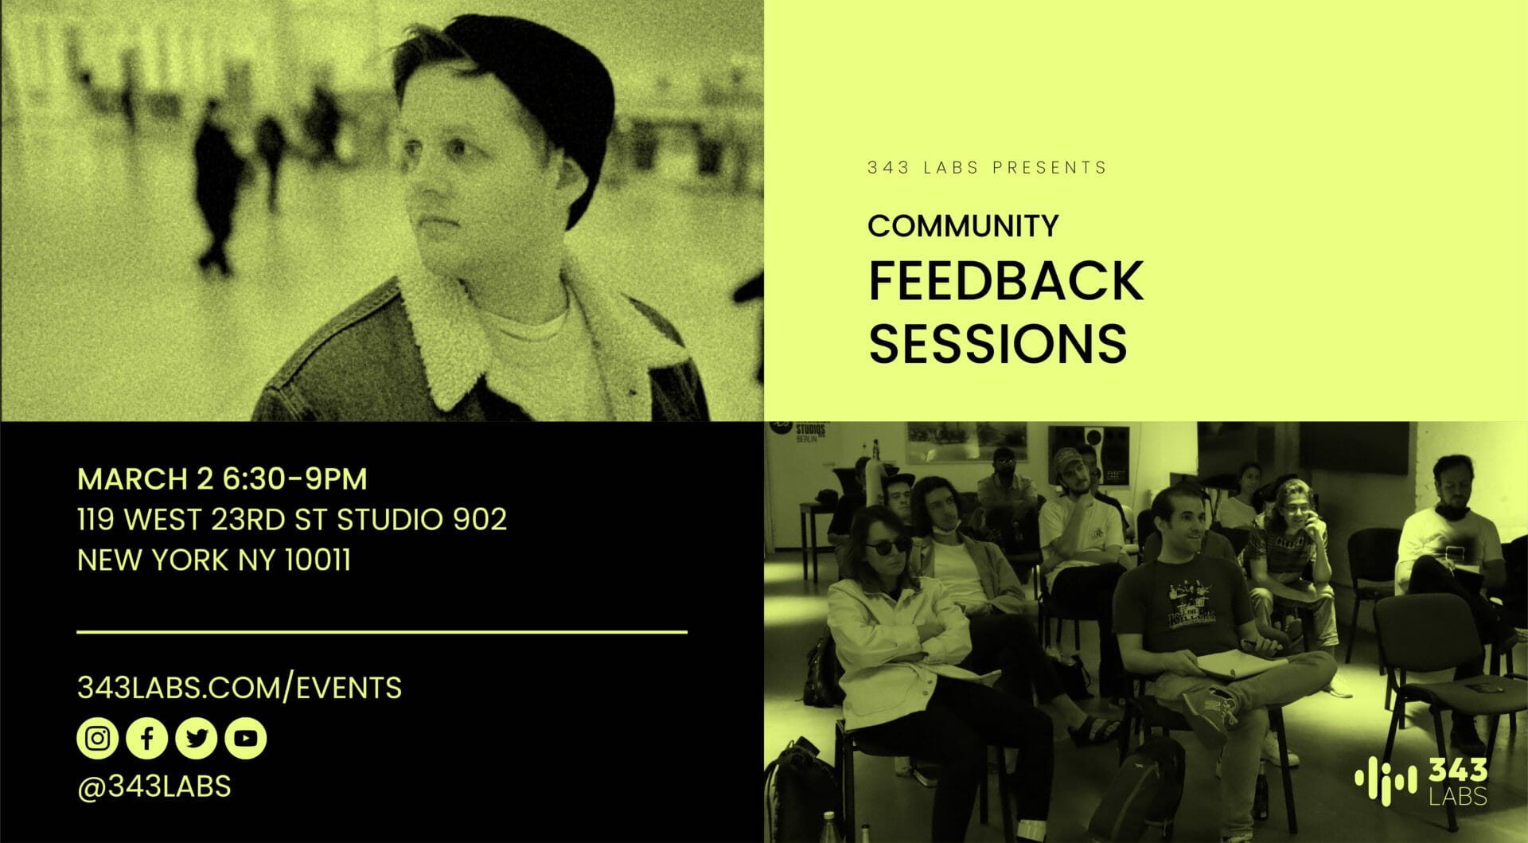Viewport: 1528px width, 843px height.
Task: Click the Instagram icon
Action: tap(97, 738)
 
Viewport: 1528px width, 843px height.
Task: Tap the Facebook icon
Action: tap(146, 738)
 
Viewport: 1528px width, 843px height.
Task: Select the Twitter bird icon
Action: tap(196, 738)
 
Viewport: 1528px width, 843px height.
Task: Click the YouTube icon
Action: tap(246, 738)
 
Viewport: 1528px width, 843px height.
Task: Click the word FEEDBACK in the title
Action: tap(1006, 280)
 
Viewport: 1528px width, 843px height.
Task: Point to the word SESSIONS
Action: tap(997, 342)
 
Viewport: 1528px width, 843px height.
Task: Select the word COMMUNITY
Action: tap(963, 226)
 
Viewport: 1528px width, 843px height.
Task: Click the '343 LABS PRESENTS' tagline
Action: tap(987, 168)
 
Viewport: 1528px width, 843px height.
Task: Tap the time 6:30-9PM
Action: tap(294, 479)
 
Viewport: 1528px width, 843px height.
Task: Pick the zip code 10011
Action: tap(318, 560)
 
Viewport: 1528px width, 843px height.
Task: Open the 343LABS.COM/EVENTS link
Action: tap(240, 688)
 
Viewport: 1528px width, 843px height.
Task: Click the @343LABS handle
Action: tap(154, 786)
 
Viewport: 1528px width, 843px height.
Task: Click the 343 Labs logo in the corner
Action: tap(1421, 782)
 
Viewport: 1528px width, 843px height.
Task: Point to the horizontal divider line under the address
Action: tap(382, 632)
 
